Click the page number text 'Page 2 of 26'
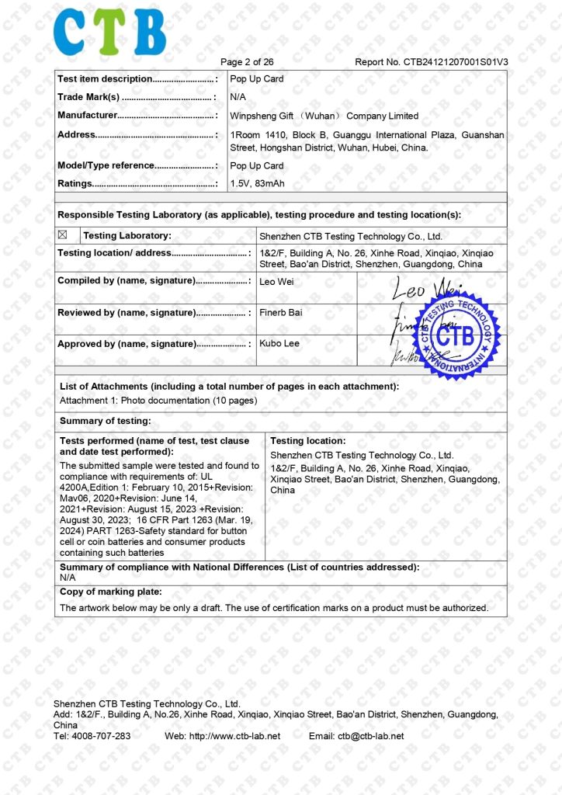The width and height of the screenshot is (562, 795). tap(247, 62)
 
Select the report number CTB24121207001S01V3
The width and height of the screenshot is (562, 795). tap(431, 62)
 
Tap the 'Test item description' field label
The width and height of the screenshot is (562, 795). tap(105, 78)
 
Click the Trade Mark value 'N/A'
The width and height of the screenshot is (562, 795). tap(238, 97)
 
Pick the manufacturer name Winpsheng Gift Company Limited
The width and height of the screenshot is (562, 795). tap(324, 116)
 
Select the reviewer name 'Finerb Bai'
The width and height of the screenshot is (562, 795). tap(280, 312)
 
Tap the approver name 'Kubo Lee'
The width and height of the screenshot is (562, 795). tap(279, 343)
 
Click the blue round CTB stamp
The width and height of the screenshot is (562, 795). tap(456, 335)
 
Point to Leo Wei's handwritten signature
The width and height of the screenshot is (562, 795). tap(425, 290)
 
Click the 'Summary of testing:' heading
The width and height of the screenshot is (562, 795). tap(106, 421)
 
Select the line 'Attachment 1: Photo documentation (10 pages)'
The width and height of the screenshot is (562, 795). tap(158, 401)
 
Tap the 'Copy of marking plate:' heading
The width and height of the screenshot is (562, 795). tap(111, 592)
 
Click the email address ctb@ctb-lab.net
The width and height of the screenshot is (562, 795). tap(370, 736)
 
